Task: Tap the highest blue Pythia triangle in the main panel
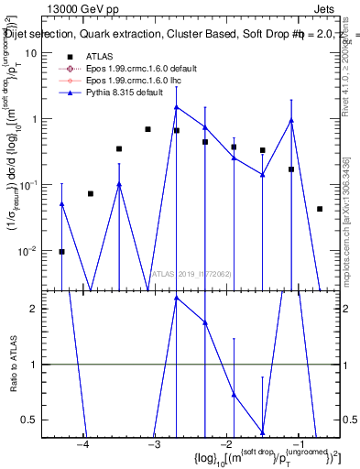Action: (x=177, y=107)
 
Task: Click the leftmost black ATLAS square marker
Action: (x=62, y=251)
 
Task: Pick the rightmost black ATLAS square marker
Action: (x=320, y=209)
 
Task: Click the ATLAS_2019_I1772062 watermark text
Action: (x=191, y=274)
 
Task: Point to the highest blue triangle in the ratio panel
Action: (x=177, y=298)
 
